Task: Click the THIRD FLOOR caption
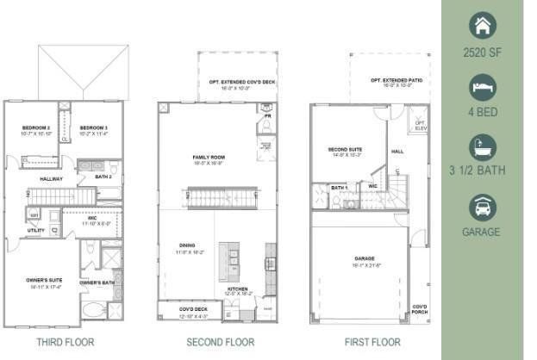65,342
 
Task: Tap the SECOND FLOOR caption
220,342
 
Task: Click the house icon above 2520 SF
483,26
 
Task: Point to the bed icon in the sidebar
483,87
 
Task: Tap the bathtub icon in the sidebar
483,146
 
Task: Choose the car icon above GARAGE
483,207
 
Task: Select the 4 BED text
482,112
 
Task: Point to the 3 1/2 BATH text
482,171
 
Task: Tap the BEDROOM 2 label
36,128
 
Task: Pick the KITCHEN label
239,289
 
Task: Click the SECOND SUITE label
343,150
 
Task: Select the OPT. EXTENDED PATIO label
388,80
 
